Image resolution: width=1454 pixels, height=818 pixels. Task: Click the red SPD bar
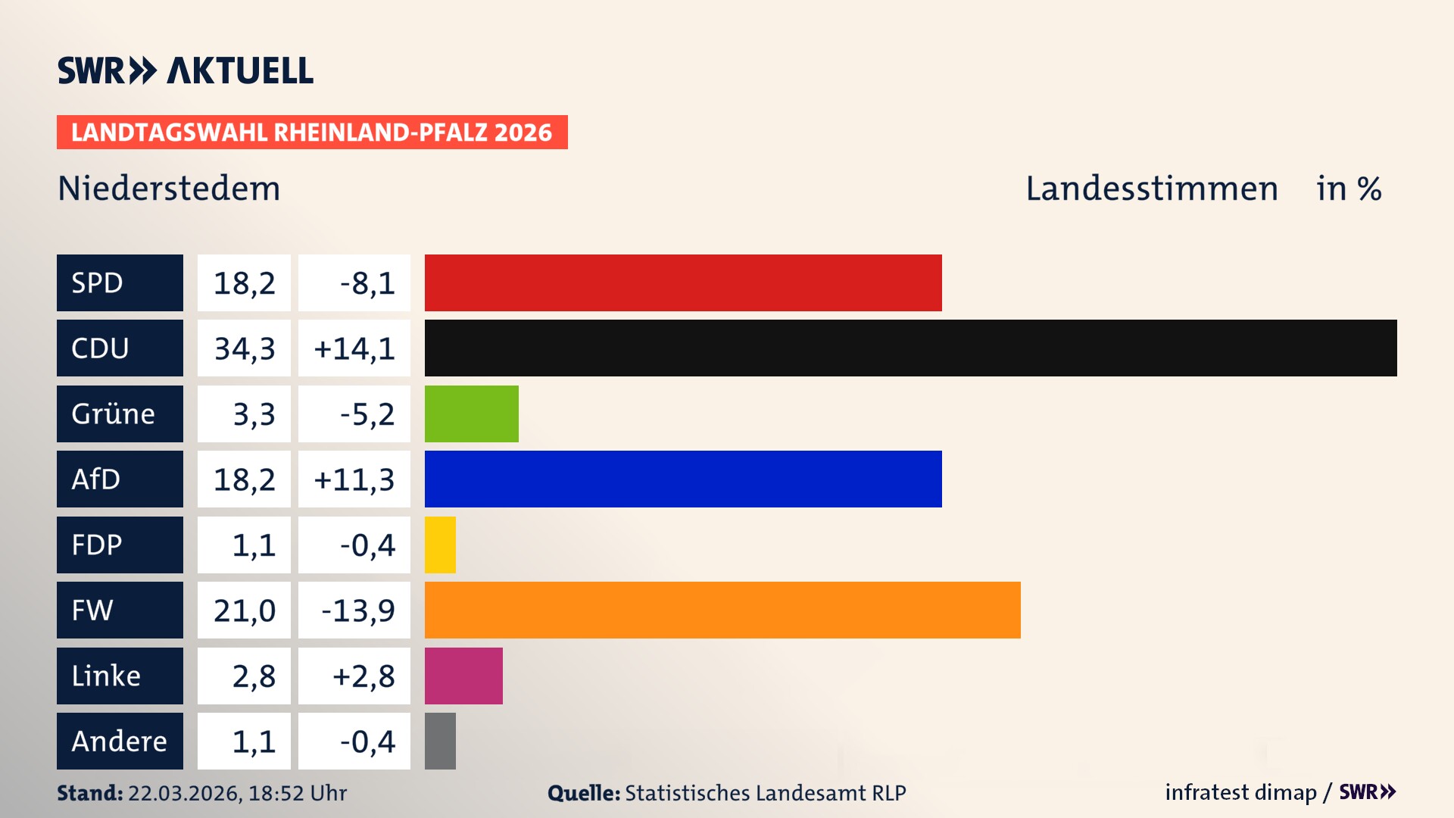click(x=683, y=283)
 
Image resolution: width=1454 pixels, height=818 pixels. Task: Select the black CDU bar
click(x=910, y=348)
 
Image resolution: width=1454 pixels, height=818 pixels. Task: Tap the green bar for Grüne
click(x=471, y=414)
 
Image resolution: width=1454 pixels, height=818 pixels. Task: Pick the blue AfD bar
click(x=683, y=479)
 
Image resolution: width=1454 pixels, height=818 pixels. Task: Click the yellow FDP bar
click(x=440, y=545)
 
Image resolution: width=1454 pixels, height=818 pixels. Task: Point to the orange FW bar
click(x=722, y=610)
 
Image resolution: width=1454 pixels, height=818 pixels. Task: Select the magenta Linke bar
click(x=463, y=676)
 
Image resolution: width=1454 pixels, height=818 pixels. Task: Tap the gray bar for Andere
click(x=440, y=741)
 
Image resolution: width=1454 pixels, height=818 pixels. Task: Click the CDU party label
click(x=120, y=348)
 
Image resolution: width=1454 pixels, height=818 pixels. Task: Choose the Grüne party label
click(x=120, y=414)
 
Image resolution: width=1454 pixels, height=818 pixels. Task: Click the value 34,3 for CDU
click(x=244, y=348)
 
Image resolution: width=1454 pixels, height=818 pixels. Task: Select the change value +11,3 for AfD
click(x=354, y=479)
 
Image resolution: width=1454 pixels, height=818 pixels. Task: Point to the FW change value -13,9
click(x=357, y=610)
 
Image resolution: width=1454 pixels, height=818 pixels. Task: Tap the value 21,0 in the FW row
click(x=244, y=610)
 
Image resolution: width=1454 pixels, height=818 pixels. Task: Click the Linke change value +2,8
click(x=363, y=676)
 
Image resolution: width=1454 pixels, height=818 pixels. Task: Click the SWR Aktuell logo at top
click(x=186, y=70)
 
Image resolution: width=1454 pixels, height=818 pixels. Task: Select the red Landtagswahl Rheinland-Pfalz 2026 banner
click(x=312, y=133)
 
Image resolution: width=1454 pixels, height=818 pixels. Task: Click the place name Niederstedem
click(x=169, y=189)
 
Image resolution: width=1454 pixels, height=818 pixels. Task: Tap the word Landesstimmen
click(x=1152, y=189)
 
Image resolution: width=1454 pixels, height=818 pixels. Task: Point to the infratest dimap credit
click(x=1240, y=792)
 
